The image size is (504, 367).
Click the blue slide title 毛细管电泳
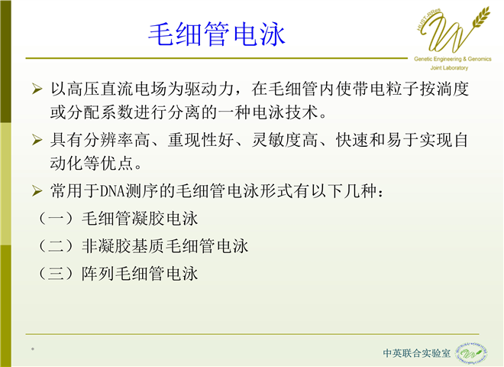click(217, 34)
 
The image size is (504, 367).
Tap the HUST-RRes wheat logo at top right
click(453, 30)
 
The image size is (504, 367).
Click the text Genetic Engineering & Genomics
click(453, 59)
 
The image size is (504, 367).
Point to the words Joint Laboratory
click(449, 68)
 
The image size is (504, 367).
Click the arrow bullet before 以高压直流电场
click(37, 89)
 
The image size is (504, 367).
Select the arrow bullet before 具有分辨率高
click(37, 140)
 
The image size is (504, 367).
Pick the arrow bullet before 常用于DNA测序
click(37, 191)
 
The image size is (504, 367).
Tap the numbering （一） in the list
click(57, 219)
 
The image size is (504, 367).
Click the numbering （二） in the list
click(57, 246)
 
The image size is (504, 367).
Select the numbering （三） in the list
click(57, 274)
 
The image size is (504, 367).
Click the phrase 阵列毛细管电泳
click(140, 274)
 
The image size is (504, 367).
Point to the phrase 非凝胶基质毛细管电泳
click(165, 246)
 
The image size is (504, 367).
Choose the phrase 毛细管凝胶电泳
click(140, 219)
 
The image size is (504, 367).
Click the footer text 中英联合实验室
click(417, 353)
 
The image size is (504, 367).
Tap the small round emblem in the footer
click(471, 353)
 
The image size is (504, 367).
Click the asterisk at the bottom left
click(33, 349)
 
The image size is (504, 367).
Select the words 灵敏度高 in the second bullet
click(285, 140)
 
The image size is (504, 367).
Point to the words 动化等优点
click(92, 163)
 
